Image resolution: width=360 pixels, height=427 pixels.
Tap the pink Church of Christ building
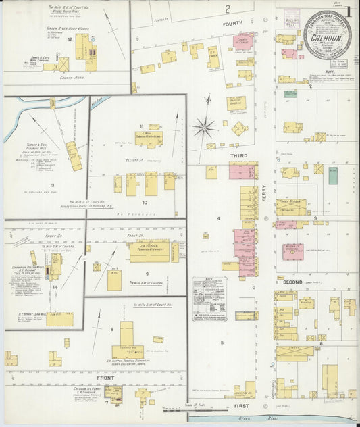(242, 43)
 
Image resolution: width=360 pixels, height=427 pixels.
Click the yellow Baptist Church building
(236, 103)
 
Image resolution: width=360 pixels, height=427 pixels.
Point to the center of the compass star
(204, 126)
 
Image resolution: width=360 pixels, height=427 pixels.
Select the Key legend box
(209, 298)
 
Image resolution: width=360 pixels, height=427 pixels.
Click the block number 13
(51, 184)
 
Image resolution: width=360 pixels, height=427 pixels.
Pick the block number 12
(70, 41)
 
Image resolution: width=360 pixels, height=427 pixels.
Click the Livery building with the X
(294, 353)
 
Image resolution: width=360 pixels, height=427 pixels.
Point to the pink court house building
(293, 251)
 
